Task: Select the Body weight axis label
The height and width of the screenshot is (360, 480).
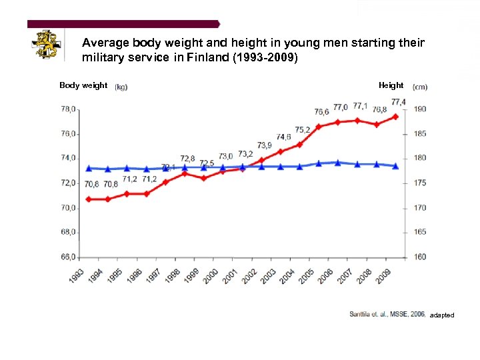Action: [83, 85]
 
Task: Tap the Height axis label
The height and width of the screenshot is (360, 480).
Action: [391, 85]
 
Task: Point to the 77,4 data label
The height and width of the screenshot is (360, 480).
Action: [399, 102]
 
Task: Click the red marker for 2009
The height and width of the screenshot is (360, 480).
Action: [397, 117]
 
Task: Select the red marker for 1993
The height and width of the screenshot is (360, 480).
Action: [88, 199]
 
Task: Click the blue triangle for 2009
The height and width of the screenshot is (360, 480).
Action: [397, 165]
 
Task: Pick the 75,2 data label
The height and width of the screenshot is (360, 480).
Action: [303, 129]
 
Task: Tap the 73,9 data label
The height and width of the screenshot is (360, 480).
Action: [265, 145]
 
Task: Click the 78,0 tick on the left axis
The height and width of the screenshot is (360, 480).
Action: [69, 109]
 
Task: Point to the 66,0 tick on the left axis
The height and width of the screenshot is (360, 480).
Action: [69, 257]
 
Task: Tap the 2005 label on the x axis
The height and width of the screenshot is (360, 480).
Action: [307, 275]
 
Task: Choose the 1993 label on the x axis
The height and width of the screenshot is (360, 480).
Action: [76, 275]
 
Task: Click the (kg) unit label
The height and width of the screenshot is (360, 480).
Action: [121, 87]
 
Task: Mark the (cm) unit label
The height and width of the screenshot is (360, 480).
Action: [420, 87]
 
